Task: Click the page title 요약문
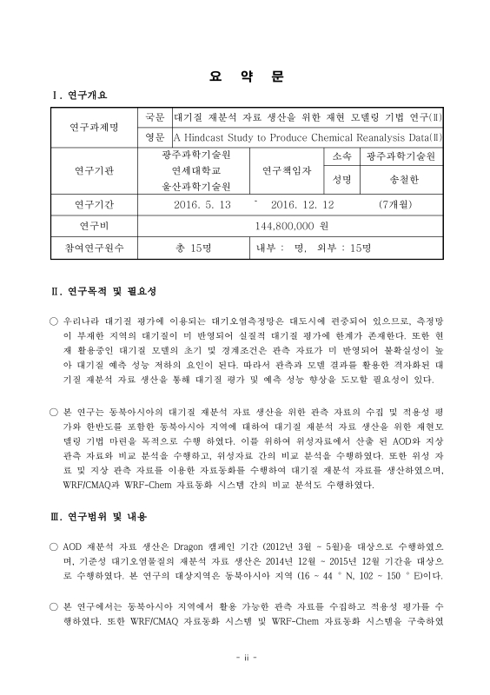click(x=246, y=76)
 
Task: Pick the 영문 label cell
click(x=155, y=136)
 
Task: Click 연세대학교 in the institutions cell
click(x=195, y=170)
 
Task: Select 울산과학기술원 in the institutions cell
click(x=195, y=186)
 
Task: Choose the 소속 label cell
click(x=341, y=156)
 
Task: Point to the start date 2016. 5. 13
click(x=202, y=205)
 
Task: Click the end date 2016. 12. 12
click(x=302, y=205)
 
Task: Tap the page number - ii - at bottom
click(x=246, y=657)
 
